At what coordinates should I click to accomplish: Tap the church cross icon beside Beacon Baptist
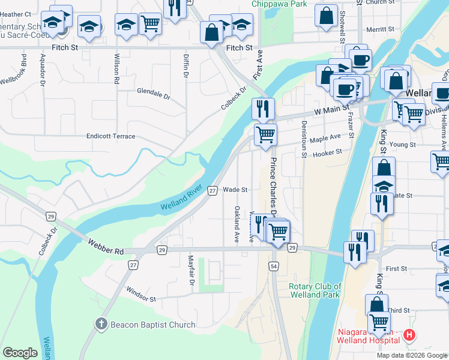point(101,325)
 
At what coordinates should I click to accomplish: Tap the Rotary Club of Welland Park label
point(315,290)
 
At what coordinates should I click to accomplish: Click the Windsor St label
point(141,295)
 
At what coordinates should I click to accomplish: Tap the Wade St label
point(235,190)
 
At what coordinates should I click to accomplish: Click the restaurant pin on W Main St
point(263,109)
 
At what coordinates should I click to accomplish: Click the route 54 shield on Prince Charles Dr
point(274,266)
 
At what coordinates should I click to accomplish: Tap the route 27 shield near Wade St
point(212,190)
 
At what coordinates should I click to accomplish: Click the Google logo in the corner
point(20,353)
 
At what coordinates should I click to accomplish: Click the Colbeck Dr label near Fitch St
point(234,98)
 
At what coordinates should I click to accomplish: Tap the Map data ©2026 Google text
point(411,355)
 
